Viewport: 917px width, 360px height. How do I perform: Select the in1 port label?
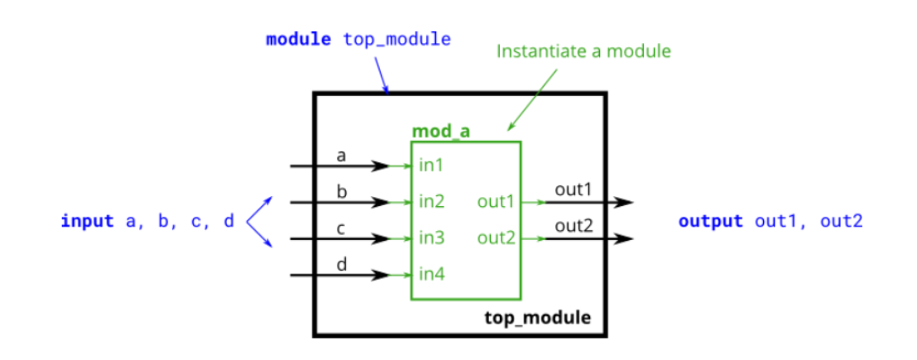(431, 166)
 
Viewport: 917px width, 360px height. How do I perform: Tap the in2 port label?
(432, 202)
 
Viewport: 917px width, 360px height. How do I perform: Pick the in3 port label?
(432, 238)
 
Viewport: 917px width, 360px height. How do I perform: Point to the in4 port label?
(432, 274)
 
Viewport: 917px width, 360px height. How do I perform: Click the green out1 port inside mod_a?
(496, 202)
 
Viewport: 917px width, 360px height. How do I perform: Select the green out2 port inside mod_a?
(496, 238)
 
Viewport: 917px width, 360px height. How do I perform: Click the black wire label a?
(341, 156)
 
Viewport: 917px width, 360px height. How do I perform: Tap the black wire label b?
(341, 191)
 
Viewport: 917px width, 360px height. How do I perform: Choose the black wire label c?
(341, 228)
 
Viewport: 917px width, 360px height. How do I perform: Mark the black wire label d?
(341, 264)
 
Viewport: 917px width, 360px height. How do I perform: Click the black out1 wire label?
(574, 190)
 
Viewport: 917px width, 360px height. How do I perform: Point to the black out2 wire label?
(574, 227)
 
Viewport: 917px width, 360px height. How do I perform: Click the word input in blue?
(87, 221)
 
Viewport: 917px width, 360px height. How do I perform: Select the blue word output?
(709, 221)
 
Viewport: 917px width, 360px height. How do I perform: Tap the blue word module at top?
(298, 39)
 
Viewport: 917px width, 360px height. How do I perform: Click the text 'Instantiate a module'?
(583, 50)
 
